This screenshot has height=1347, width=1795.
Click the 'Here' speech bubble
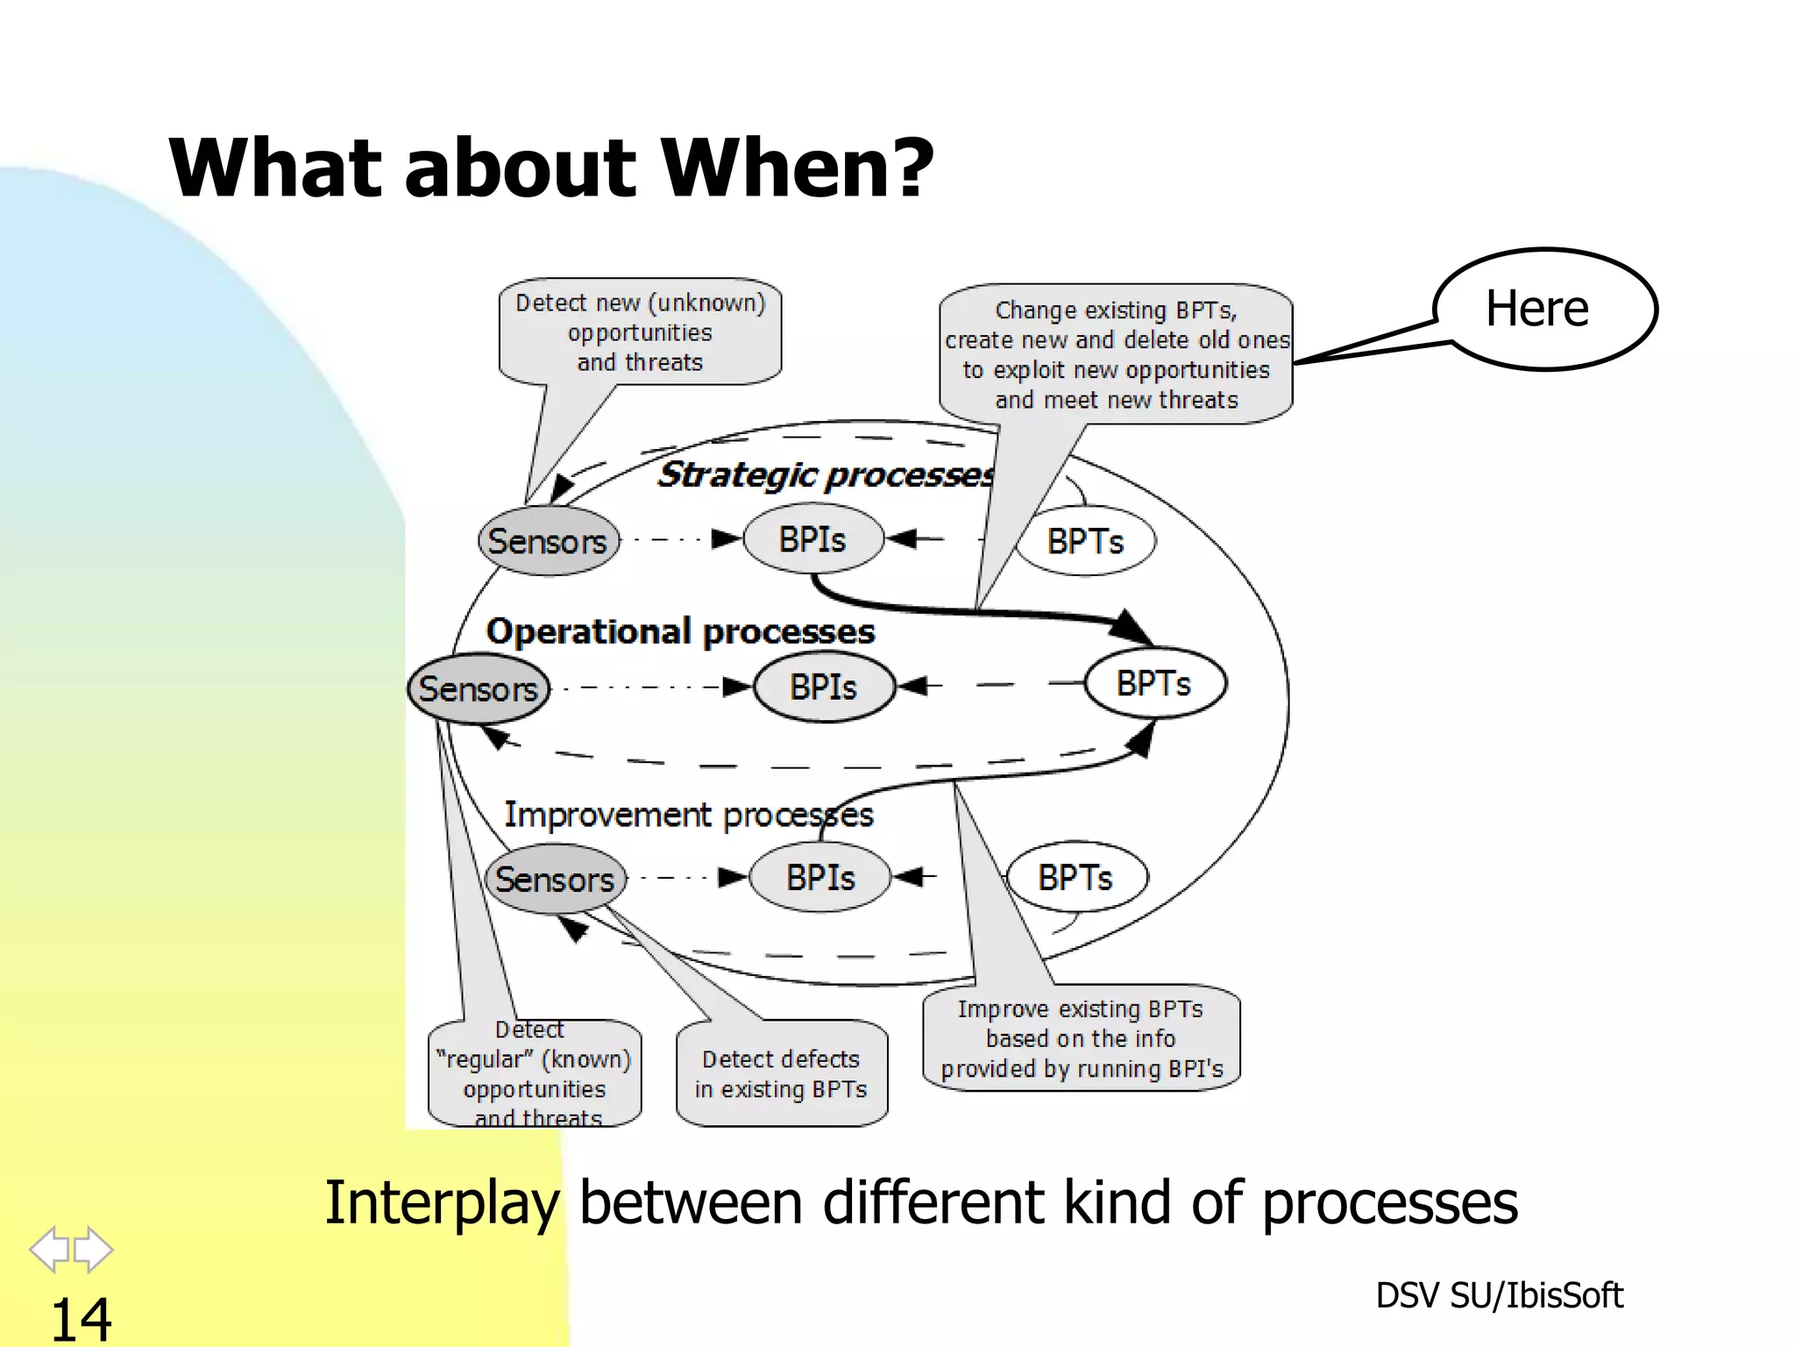(1544, 309)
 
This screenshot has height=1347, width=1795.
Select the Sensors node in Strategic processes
(548, 541)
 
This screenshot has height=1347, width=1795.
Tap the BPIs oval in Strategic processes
(812, 539)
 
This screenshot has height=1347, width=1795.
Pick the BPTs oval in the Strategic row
(1085, 541)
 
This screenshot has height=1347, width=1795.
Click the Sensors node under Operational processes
(479, 688)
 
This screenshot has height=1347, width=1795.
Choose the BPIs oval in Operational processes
(823, 687)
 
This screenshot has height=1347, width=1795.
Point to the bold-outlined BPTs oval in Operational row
(1153, 683)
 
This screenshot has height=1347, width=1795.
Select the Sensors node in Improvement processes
(555, 879)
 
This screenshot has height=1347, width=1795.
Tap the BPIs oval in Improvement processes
(820, 877)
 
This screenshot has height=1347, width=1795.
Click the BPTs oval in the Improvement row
(1075, 877)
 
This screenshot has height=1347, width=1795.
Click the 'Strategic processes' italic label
(825, 474)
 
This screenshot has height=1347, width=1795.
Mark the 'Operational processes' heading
(680, 631)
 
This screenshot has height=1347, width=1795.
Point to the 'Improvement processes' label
(689, 815)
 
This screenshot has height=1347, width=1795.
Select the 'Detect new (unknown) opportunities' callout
(640, 332)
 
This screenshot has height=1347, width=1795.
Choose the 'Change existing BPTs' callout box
(1116, 354)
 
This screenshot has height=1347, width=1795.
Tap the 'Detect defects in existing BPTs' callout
(781, 1073)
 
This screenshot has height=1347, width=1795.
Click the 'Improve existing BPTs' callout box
(1081, 1038)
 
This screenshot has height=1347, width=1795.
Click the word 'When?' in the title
(797, 167)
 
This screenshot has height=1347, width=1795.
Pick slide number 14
(81, 1319)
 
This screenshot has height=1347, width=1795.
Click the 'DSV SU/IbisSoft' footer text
(1499, 1295)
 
